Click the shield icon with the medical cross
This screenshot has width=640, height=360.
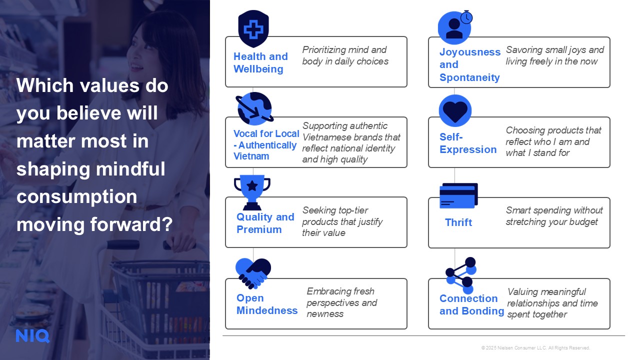[253, 28]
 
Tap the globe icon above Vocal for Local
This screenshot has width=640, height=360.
[254, 108]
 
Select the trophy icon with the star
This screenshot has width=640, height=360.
[252, 192]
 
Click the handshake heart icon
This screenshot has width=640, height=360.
[253, 273]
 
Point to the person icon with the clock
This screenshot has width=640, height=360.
[455, 27]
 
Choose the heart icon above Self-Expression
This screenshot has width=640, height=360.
[455, 110]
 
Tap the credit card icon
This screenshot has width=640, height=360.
[458, 195]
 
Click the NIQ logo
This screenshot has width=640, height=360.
[32, 336]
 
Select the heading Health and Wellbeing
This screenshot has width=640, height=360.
[260, 63]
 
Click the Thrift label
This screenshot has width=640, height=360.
[458, 222]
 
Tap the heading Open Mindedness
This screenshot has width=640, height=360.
[267, 304]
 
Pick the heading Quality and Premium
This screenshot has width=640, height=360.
[265, 223]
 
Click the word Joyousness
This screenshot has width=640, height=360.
[470, 52]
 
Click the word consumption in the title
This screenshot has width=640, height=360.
[76, 197]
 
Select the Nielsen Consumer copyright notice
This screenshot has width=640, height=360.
[535, 347]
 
